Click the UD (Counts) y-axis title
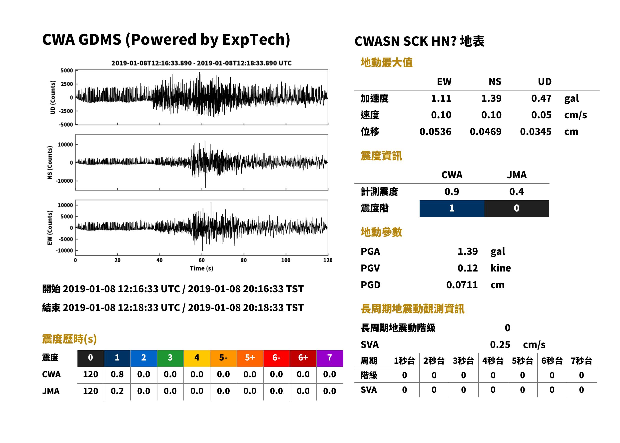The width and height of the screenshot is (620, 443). (53, 97)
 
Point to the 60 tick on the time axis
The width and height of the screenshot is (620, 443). (201, 260)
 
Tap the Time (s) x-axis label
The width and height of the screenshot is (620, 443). (201, 268)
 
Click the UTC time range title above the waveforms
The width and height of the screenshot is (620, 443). (201, 63)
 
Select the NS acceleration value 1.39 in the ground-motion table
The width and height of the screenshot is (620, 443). (491, 98)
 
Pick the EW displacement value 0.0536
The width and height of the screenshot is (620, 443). (435, 132)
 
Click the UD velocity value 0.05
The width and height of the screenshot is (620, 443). (541, 115)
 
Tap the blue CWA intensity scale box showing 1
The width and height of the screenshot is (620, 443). (452, 208)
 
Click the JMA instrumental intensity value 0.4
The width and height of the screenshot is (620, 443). (516, 192)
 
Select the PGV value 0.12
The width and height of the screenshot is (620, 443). (468, 268)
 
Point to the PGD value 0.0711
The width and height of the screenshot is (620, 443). (462, 285)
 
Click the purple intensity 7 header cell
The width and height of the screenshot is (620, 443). (330, 358)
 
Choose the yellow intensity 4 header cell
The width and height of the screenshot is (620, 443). (197, 358)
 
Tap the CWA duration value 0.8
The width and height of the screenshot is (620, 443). (117, 374)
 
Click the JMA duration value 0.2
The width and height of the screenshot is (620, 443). (117, 391)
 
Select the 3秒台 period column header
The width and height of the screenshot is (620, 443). (463, 361)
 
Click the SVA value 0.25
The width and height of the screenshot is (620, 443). (500, 345)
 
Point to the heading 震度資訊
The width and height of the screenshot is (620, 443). (381, 156)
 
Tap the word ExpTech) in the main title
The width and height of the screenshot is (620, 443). (256, 40)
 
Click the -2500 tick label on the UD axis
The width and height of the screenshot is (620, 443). (66, 111)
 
